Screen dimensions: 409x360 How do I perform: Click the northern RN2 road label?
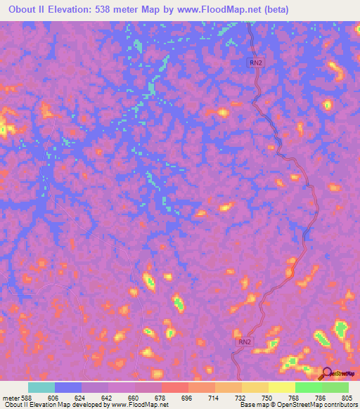click(x=257, y=63)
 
